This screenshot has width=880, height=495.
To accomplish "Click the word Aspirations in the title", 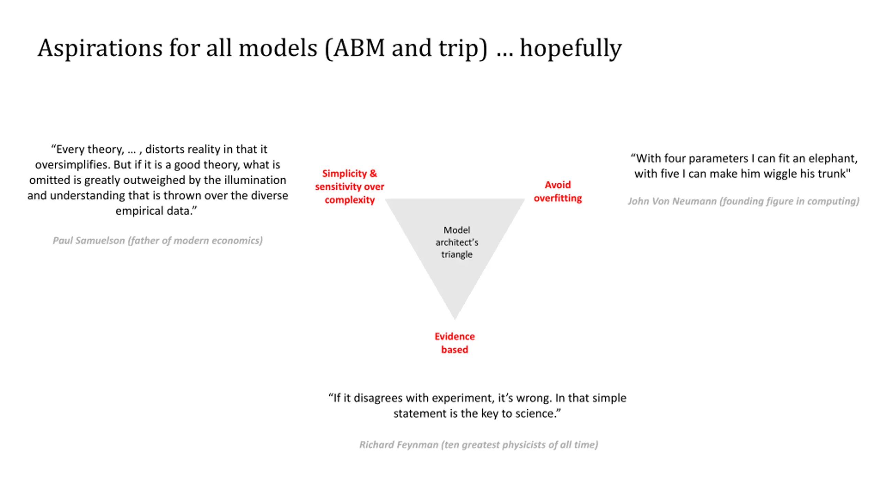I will coord(100,48).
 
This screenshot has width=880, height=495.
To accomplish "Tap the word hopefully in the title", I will coord(571,48).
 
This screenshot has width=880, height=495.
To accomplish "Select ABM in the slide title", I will coord(359,48).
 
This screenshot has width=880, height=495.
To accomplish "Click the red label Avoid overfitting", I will coord(558,191).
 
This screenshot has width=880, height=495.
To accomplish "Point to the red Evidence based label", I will coord(454,343).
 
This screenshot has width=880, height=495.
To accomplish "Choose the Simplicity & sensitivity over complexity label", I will coord(349,187).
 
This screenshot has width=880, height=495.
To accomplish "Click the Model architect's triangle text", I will coord(456,242).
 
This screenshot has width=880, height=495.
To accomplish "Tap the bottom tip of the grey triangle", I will coord(455,317).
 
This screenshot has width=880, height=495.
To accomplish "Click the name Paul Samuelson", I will coord(89,241).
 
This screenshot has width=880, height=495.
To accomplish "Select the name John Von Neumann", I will coord(672,201).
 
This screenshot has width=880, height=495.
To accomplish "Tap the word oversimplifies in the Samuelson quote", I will coord(73,165).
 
